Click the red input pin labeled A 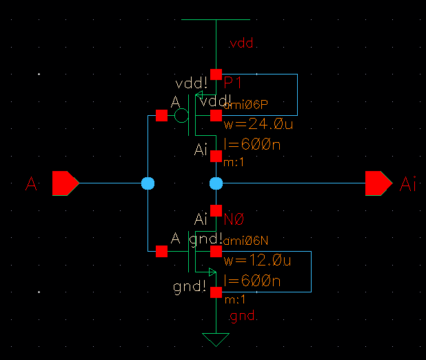(x=65, y=183)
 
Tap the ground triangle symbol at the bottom (x=216, y=339)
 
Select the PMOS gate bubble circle (x=181, y=115)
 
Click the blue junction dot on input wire (x=148, y=183)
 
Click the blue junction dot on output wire (x=216, y=183)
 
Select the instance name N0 (x=235, y=219)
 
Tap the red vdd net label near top (x=241, y=45)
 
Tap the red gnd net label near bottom (x=243, y=317)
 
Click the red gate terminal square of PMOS (x=161, y=115)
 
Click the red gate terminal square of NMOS (x=161, y=252)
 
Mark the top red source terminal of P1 (x=216, y=74)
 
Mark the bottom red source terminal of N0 (x=216, y=292)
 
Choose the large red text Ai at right (x=408, y=184)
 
